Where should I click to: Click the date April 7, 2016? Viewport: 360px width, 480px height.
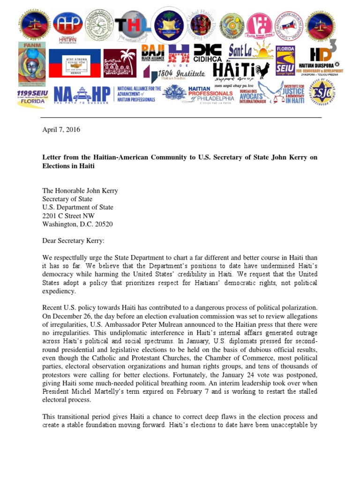tap(61, 130)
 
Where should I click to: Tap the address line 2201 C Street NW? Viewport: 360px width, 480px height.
tap(68, 216)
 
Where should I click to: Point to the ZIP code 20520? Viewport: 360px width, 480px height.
tap(103, 224)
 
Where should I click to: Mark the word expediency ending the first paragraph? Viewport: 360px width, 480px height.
tap(60, 291)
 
